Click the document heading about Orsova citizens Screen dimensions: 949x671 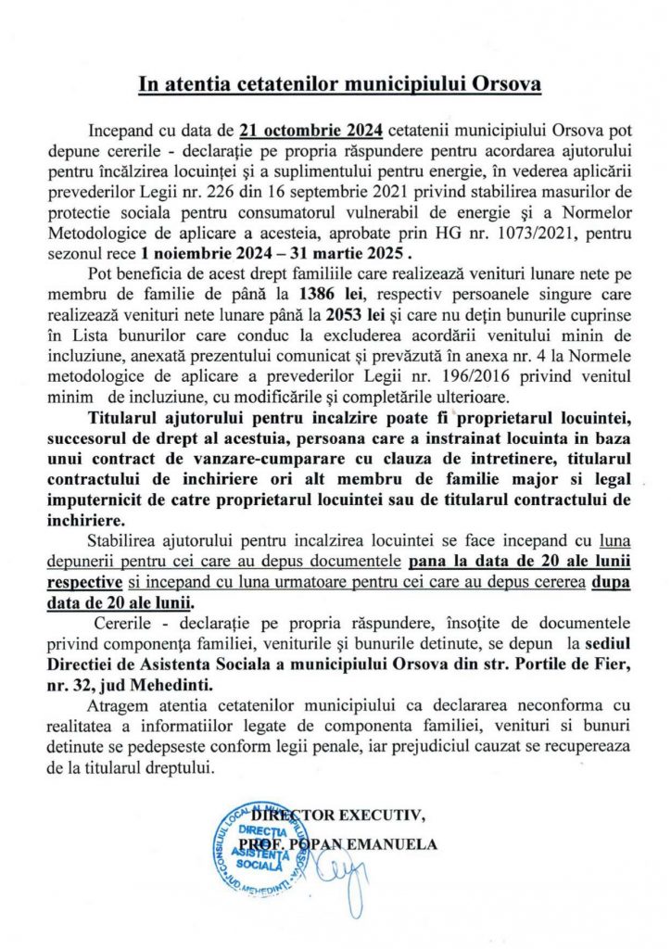tap(339, 85)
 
